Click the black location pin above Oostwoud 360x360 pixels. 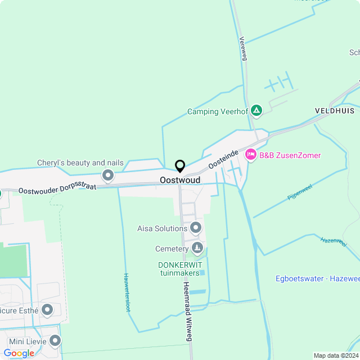(x=180, y=166)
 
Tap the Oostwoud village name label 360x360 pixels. (x=180, y=180)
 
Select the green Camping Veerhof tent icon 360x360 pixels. (x=256, y=111)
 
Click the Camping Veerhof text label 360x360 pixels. (x=217, y=111)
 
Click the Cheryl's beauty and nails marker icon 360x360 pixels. (x=108, y=175)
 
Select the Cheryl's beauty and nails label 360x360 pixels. (x=80, y=163)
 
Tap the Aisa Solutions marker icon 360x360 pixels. (x=196, y=228)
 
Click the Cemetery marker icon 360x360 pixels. (x=197, y=248)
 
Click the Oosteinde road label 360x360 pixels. (x=224, y=159)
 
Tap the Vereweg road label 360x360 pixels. (x=243, y=49)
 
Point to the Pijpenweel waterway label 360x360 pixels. (x=300, y=192)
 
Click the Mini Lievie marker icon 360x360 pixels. (x=55, y=340)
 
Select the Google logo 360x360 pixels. (x=19, y=353)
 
